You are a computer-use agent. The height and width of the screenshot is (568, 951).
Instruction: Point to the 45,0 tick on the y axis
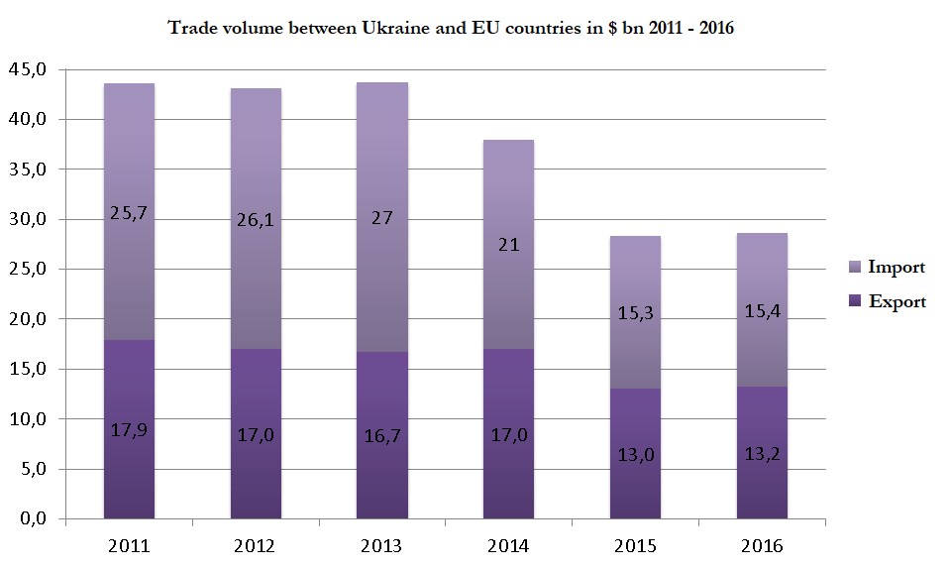pyautogui.click(x=27, y=69)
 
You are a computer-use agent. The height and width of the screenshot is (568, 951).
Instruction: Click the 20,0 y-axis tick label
pyautogui.click(x=27, y=319)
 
